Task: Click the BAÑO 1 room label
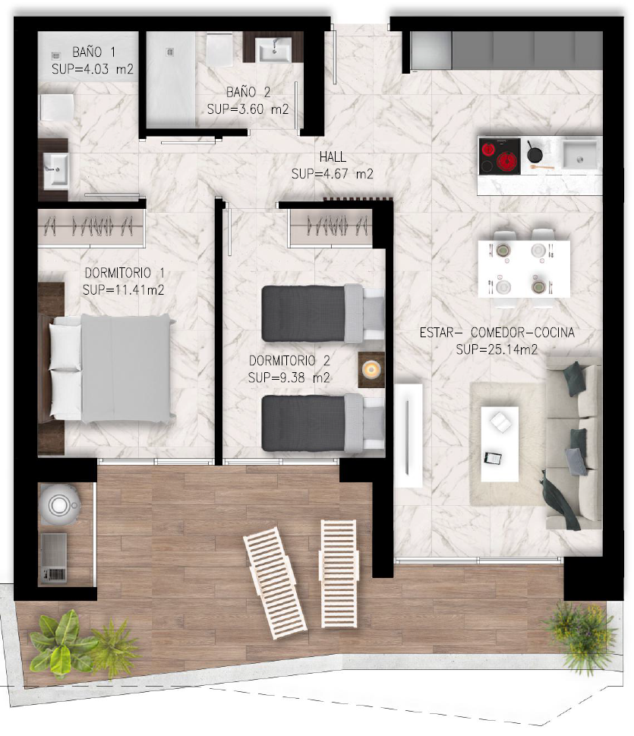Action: click(93, 52)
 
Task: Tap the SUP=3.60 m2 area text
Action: click(248, 109)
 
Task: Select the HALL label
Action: click(333, 156)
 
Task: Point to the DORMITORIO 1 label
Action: click(125, 273)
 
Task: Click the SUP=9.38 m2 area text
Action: click(289, 377)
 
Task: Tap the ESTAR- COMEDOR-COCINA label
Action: click(497, 333)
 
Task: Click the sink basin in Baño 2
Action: click(275, 50)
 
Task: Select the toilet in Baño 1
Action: click(56, 108)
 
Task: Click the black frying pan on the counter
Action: click(534, 153)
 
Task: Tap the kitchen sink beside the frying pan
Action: click(581, 154)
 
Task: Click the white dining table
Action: click(524, 269)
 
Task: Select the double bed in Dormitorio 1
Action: click(111, 368)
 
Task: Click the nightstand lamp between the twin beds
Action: click(371, 370)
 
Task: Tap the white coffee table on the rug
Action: click(500, 444)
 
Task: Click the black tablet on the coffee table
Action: click(493, 458)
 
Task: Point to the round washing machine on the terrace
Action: click(59, 504)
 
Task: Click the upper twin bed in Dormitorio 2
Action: click(323, 314)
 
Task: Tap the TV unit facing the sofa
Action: click(408, 435)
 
